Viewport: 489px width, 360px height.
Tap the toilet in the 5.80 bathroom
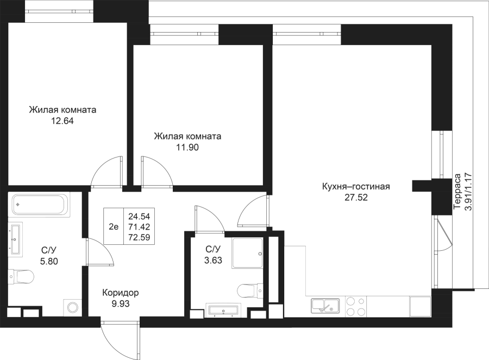click(21, 277)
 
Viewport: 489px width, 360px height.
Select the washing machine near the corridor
click(72, 307)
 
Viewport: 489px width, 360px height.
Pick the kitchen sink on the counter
click(325, 305)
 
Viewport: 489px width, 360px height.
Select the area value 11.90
click(187, 147)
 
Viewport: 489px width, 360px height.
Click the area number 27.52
click(356, 198)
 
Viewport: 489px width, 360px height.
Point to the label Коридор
click(121, 293)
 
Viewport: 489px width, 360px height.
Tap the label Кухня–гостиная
click(356, 187)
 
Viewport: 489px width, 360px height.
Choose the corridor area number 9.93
click(120, 304)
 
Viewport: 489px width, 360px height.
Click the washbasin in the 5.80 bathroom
click(15, 238)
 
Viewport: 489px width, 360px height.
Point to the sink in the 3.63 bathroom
click(222, 311)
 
